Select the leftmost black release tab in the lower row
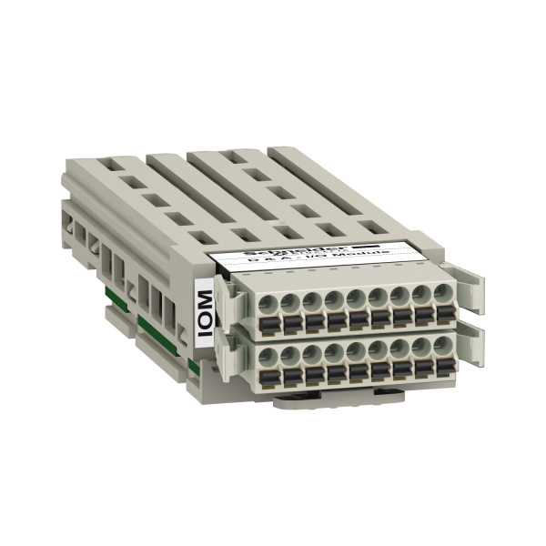[269, 374]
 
